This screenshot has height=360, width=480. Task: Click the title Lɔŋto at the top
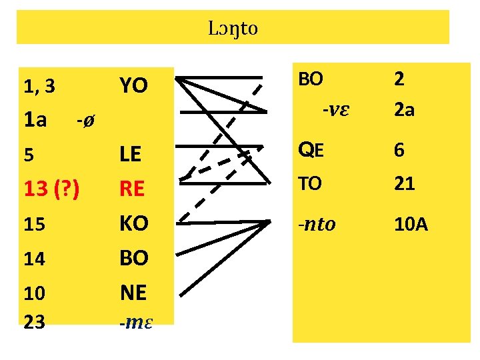(x=233, y=29)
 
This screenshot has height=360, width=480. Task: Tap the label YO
(x=133, y=85)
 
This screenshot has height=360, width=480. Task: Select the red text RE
(x=132, y=189)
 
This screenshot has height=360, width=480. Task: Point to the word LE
(x=130, y=155)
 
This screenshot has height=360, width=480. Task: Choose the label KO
(x=133, y=223)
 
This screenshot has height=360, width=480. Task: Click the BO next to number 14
(x=133, y=258)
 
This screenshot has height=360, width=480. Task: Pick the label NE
(x=133, y=292)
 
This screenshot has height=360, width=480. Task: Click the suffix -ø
(x=85, y=121)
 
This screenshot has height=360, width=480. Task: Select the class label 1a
(x=35, y=120)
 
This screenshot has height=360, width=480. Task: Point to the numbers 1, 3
(x=39, y=86)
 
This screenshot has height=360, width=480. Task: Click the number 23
(x=34, y=322)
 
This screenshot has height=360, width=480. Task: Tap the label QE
(x=311, y=150)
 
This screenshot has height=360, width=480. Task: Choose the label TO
(x=309, y=184)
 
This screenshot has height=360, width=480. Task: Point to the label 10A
(x=410, y=224)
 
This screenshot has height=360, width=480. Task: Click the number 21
(x=404, y=184)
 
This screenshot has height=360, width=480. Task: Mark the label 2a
(x=404, y=110)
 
